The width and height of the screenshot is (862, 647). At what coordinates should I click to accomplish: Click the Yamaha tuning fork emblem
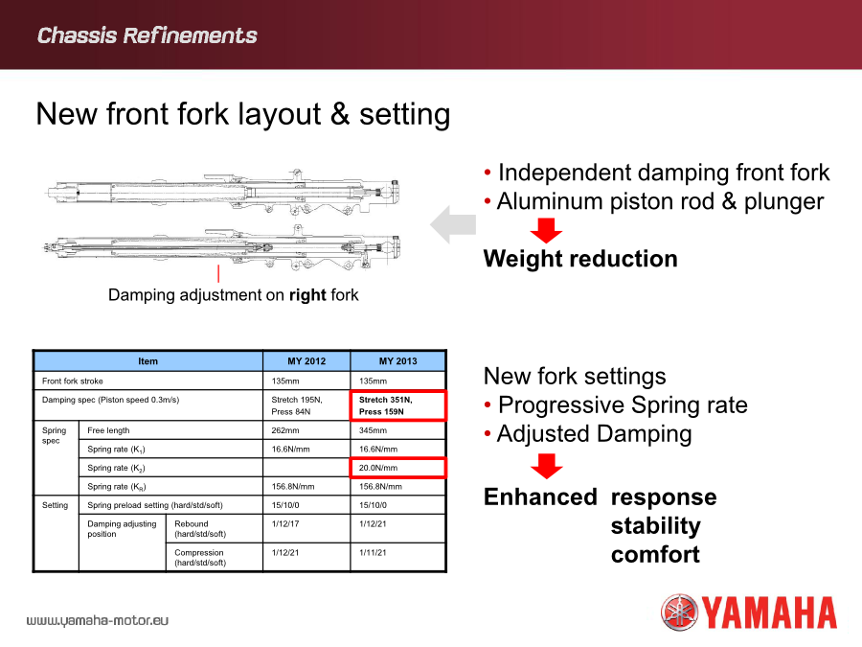click(679, 612)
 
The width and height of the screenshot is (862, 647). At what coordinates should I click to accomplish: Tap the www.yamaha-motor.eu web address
click(98, 620)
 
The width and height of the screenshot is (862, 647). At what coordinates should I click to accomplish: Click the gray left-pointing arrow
click(453, 224)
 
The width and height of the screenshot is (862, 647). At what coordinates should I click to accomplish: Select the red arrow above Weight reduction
click(546, 230)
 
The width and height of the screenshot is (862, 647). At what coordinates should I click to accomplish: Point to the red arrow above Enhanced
click(547, 466)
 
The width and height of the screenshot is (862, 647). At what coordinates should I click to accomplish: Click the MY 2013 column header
click(398, 361)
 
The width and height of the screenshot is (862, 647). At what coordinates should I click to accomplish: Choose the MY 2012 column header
click(306, 361)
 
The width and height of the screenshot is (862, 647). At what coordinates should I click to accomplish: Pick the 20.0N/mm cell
click(398, 468)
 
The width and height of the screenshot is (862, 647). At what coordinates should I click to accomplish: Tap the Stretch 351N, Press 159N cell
click(398, 405)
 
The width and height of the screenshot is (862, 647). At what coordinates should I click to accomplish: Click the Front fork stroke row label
click(73, 381)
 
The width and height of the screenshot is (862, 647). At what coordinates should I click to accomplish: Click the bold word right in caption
click(307, 295)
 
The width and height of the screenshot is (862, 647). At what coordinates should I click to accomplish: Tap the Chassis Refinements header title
click(147, 35)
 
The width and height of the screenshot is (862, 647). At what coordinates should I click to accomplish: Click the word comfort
click(655, 554)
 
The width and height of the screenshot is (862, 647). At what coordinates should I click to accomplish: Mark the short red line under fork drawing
click(218, 273)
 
